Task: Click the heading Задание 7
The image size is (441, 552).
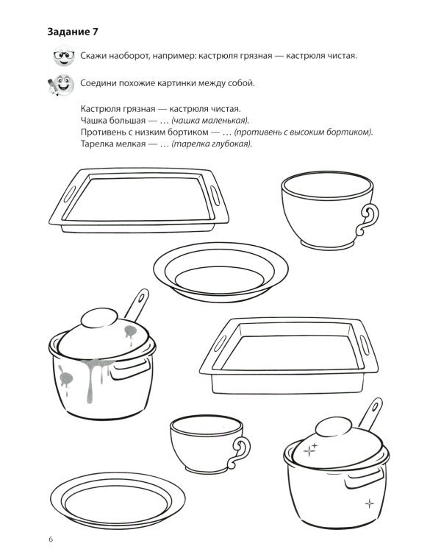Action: click(x=73, y=32)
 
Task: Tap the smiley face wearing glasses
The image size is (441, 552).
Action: click(x=64, y=56)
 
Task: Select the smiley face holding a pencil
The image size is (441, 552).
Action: click(x=61, y=85)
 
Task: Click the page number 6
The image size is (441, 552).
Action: click(x=51, y=539)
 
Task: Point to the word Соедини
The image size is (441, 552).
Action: click(x=98, y=83)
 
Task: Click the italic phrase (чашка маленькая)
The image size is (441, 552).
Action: click(x=210, y=121)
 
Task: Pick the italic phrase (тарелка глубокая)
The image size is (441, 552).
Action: click(x=212, y=144)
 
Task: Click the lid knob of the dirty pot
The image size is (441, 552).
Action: click(x=99, y=317)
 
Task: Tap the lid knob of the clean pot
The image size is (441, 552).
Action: click(x=334, y=426)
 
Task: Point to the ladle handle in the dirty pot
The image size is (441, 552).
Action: click(x=137, y=304)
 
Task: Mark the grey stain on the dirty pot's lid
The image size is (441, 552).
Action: click(x=131, y=332)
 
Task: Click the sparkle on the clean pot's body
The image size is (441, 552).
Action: click(x=369, y=503)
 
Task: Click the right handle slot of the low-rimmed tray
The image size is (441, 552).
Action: click(x=215, y=195)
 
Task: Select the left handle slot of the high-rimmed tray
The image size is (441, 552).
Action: click(x=220, y=344)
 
